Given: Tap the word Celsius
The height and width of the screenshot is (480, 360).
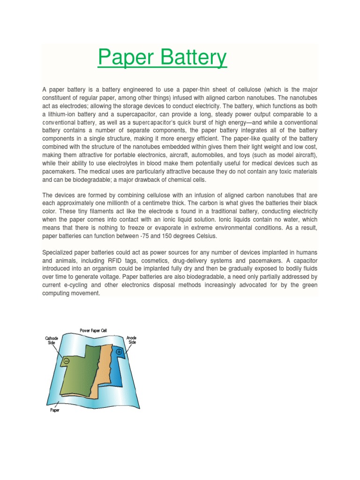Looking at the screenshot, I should (x=219, y=235).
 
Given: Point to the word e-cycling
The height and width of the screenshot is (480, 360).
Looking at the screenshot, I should (x=80, y=285).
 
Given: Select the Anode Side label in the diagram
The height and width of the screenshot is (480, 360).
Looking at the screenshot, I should (x=132, y=340).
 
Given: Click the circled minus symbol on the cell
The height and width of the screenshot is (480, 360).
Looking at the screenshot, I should (x=67, y=361).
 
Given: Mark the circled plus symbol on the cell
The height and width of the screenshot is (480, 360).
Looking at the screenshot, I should (x=119, y=352).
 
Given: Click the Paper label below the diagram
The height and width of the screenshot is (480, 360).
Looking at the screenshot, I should (x=54, y=410).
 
